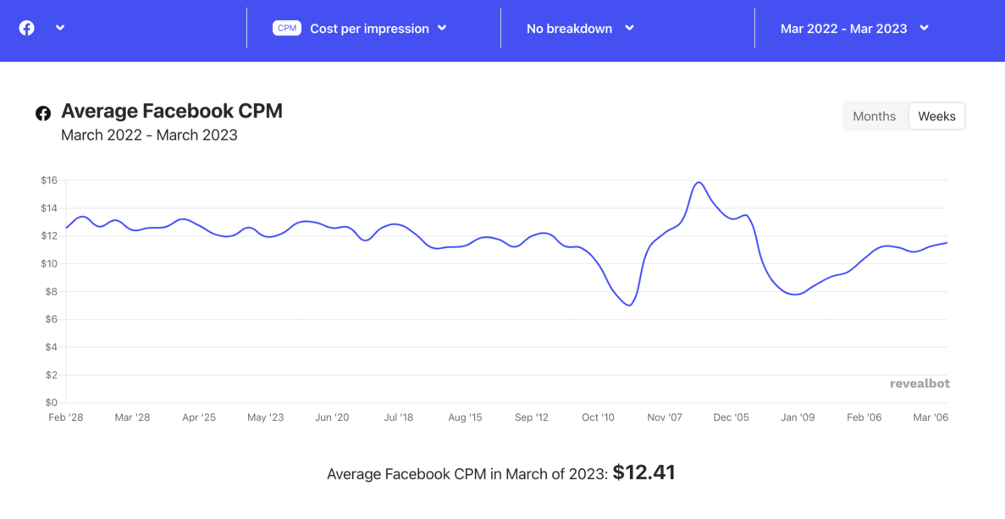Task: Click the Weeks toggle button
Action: click(936, 117)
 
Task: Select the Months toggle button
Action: click(874, 117)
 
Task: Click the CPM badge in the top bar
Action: click(287, 28)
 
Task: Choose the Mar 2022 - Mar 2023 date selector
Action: click(854, 28)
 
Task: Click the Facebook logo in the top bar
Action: click(27, 28)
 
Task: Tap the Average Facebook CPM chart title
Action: click(172, 111)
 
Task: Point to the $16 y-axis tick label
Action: click(49, 180)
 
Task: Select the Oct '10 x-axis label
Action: click(598, 417)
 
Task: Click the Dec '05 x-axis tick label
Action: click(731, 417)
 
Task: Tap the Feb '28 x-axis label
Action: click(66, 417)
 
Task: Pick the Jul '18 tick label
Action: click(399, 417)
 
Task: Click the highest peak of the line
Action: click(699, 182)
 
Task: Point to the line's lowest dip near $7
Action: click(628, 305)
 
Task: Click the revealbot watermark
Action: click(919, 384)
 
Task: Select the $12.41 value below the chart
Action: click(643, 472)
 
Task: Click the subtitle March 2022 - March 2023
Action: click(149, 135)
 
